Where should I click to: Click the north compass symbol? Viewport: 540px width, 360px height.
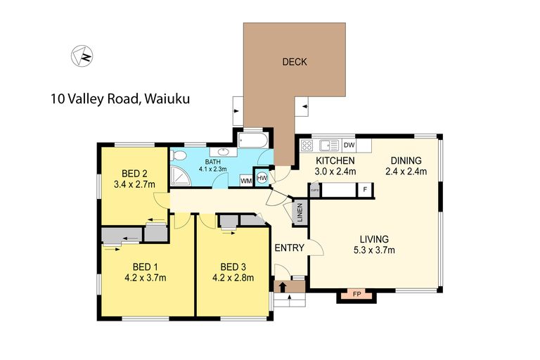[x=82, y=56]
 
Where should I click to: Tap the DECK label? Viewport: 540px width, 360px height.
[x=295, y=62]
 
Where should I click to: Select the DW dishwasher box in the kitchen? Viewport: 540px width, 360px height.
[x=349, y=146]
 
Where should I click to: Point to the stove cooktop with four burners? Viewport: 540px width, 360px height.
[x=307, y=146]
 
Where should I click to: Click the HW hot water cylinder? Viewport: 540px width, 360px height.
[x=262, y=179]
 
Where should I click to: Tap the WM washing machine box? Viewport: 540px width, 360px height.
[x=246, y=181]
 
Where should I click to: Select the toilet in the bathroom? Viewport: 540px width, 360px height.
[x=178, y=155]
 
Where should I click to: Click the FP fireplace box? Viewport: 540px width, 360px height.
[x=356, y=294]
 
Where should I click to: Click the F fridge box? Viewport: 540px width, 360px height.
[x=365, y=189]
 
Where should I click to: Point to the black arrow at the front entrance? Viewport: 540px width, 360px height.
[x=283, y=286]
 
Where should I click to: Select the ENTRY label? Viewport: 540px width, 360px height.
[x=289, y=247]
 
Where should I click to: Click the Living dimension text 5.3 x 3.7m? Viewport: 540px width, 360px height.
[x=375, y=250]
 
